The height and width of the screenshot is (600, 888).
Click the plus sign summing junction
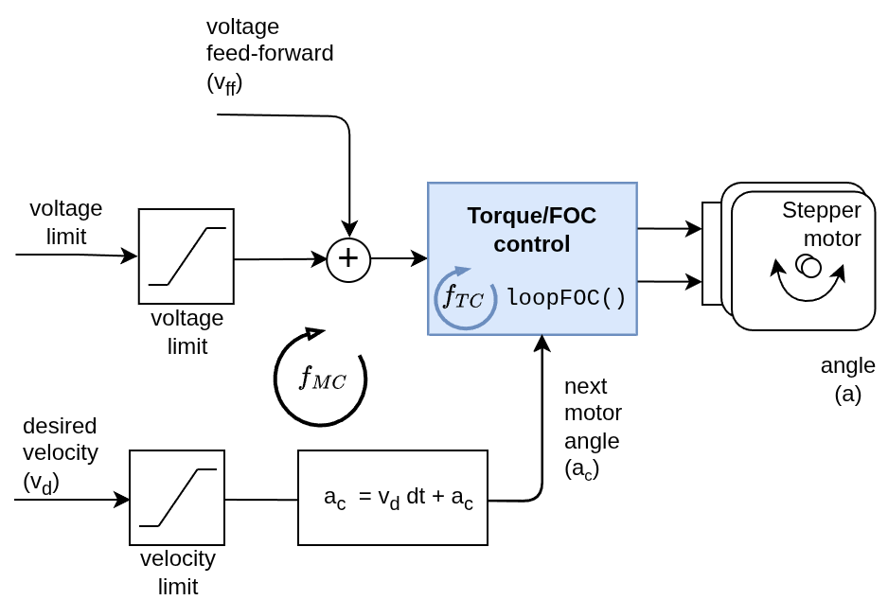coord(348,259)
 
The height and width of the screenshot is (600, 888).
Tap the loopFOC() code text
coord(566,298)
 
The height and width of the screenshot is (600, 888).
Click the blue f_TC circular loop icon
coord(465,299)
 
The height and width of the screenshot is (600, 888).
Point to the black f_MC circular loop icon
coord(321,379)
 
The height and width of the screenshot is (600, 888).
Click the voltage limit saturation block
coord(186,256)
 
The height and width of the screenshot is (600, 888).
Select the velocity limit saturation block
coord(177,498)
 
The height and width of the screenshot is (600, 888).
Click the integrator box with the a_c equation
coord(393,498)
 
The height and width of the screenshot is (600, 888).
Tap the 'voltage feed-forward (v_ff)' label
coord(269,54)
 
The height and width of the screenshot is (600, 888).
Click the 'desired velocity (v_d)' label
coord(60,454)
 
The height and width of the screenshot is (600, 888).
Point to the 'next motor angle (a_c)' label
coord(593,428)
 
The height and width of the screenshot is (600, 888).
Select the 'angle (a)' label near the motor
coord(847,379)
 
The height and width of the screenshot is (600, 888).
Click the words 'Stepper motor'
coord(821,223)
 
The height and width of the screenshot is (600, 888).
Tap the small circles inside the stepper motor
coord(808,266)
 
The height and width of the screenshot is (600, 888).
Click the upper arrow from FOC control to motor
coord(669,228)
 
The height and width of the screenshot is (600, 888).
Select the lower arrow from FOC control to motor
coord(669,281)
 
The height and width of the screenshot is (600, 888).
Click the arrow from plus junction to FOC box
coord(399,259)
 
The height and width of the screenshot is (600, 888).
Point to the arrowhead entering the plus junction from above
coord(349,230)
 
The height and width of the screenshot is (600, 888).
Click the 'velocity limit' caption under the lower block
coord(178,572)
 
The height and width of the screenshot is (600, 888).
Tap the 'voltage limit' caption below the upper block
coord(187,331)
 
